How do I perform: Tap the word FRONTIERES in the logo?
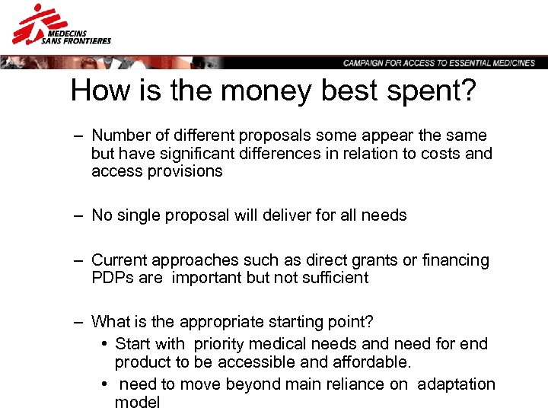(86, 40)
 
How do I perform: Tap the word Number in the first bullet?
(118, 135)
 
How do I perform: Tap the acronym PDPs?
(111, 278)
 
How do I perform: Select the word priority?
(225, 344)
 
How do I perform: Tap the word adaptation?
(457, 384)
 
